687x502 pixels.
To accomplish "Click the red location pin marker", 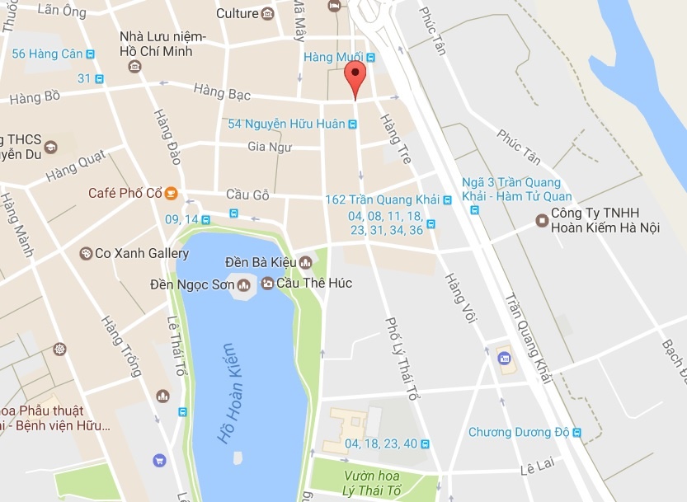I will [x=355, y=78].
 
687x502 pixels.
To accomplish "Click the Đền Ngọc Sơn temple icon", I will [x=243, y=285].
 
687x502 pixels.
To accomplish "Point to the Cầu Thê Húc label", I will [x=314, y=284].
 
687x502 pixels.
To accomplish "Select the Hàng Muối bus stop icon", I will [x=370, y=57].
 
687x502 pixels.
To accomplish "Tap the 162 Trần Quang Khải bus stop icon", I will [x=447, y=200].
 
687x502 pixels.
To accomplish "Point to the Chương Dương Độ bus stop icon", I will [x=577, y=432].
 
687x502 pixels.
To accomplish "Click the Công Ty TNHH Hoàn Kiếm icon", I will [x=542, y=220].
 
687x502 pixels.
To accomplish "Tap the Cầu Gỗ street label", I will [x=248, y=195].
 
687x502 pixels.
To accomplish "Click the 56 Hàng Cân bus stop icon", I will [x=90, y=54].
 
